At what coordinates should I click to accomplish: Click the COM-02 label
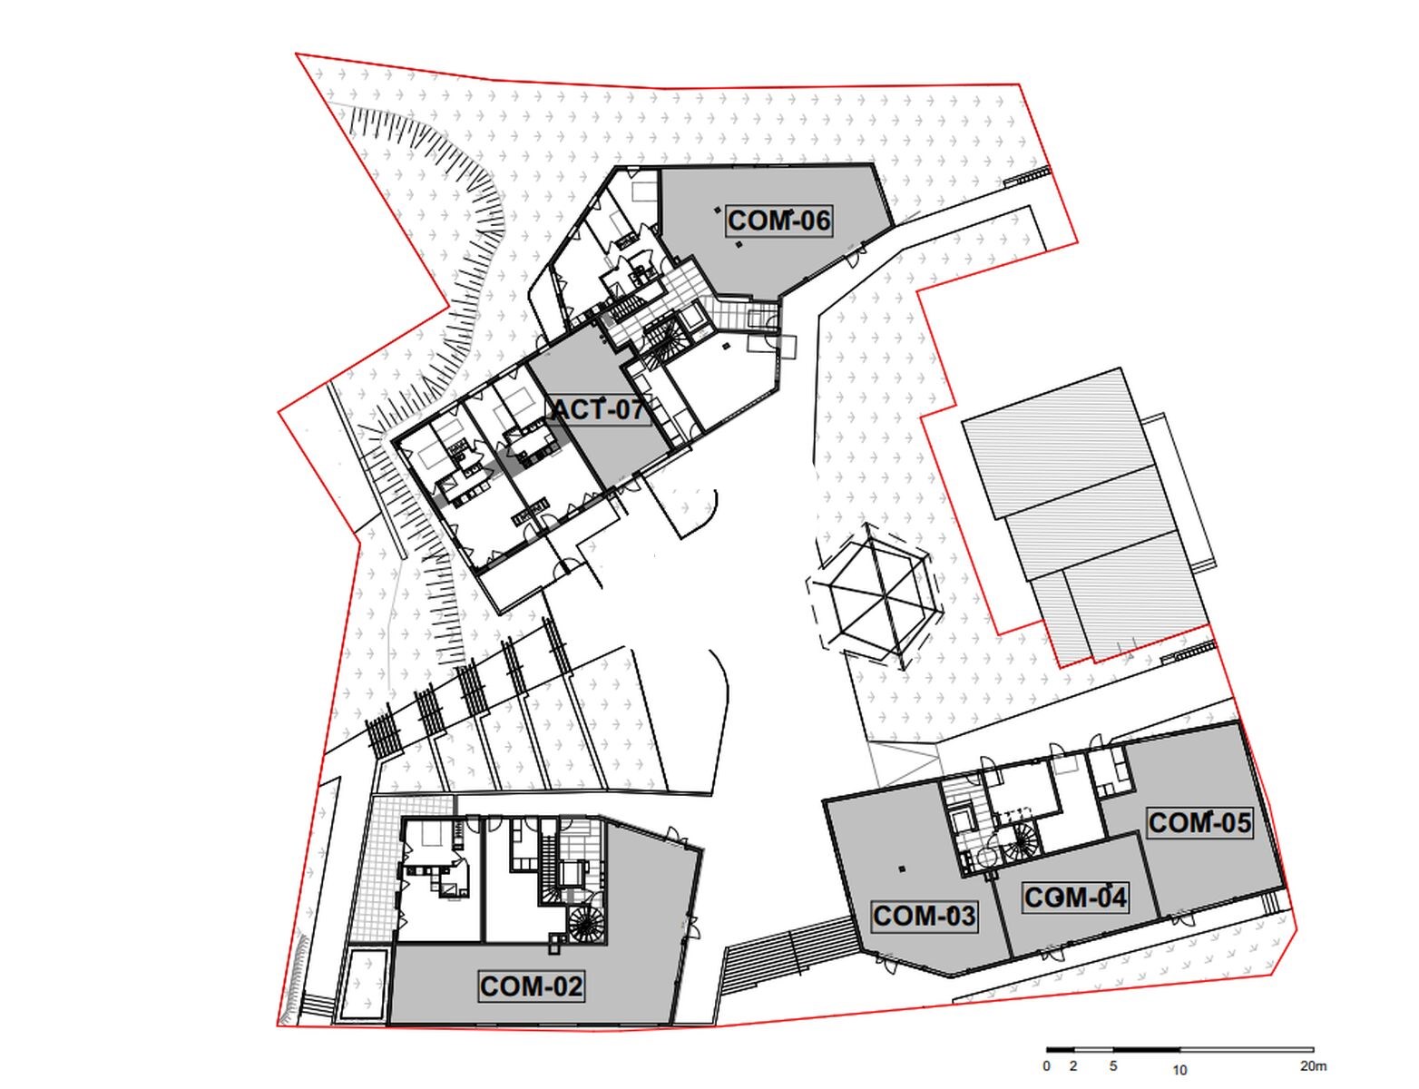pos(530,986)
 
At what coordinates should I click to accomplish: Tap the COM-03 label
pos(924,917)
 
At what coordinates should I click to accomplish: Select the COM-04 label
pos(1075,898)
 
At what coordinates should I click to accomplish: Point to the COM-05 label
pos(1199,823)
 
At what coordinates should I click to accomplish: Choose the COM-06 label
pos(779,221)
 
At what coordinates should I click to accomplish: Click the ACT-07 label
pos(598,410)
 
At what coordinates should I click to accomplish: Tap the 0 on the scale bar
pos(1047,1066)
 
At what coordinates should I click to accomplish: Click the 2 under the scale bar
pos(1073,1066)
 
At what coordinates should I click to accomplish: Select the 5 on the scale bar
pos(1113,1066)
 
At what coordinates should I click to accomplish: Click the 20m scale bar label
pos(1313,1066)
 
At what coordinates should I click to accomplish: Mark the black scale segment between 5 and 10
pos(1147,1051)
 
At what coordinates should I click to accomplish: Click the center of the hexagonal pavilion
pos(876,596)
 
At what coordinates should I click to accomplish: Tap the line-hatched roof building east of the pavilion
pos(1087,515)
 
